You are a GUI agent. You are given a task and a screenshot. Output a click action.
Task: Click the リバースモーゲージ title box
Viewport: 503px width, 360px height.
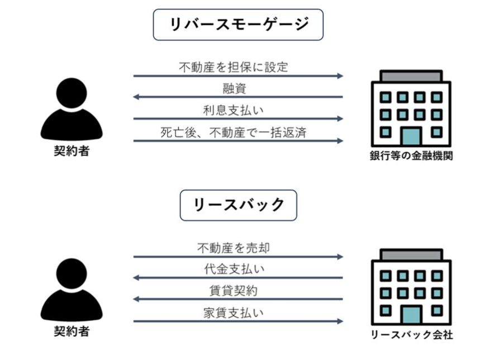point(238,25)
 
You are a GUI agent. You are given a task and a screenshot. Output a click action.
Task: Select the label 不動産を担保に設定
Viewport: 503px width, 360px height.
point(234,67)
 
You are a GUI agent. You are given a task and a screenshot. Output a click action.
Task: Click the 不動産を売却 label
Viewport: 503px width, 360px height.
point(234,248)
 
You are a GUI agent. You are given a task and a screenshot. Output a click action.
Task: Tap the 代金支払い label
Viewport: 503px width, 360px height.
point(234,269)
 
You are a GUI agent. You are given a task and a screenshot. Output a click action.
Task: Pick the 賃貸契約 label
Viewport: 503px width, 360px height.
point(234,291)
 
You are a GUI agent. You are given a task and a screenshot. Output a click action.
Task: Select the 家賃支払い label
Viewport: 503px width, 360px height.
point(234,312)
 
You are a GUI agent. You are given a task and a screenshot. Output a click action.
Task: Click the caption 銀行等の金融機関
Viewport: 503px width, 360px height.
point(411,156)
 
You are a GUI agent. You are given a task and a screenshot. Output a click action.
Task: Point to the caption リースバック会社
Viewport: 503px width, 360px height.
point(411,335)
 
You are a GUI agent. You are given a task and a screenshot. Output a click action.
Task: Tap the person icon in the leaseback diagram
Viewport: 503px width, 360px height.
point(72,290)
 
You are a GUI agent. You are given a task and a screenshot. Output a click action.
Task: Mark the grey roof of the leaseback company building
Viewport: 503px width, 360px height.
point(411,255)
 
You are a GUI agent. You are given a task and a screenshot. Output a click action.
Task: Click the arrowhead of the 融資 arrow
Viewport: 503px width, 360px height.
point(136,97)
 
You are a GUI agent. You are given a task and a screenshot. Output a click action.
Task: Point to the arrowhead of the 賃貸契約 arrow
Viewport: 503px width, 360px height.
point(136,300)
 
